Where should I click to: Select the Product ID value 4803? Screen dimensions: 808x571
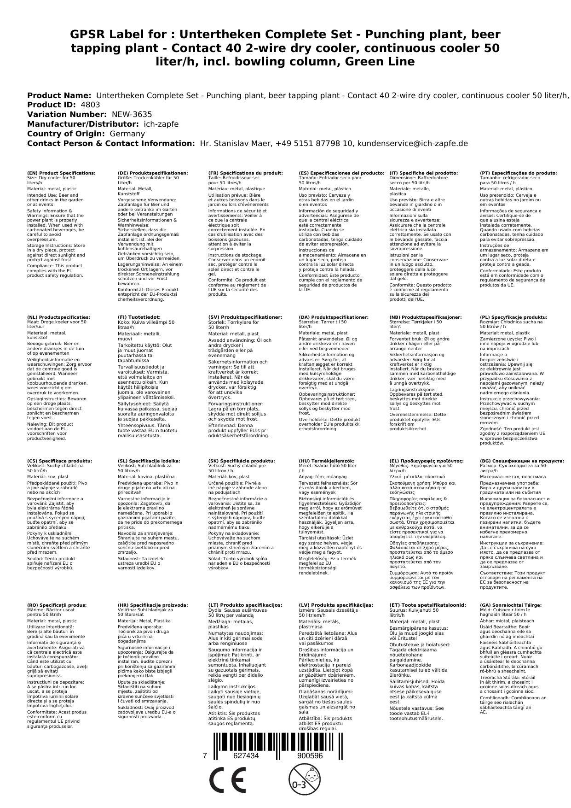click(90, 105)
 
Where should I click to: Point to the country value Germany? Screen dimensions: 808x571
click(127, 134)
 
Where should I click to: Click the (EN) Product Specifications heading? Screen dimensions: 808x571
click(61, 173)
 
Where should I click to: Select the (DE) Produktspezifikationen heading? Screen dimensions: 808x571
click(153, 173)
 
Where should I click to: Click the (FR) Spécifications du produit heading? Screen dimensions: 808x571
click(245, 173)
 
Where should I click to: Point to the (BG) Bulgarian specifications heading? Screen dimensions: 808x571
click(522, 461)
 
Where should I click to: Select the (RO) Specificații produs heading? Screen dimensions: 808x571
click(57, 605)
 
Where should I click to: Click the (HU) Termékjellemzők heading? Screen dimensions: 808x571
click(327, 461)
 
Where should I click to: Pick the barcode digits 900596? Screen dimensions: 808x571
click(310, 756)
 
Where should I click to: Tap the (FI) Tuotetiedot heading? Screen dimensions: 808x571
click(139, 317)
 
